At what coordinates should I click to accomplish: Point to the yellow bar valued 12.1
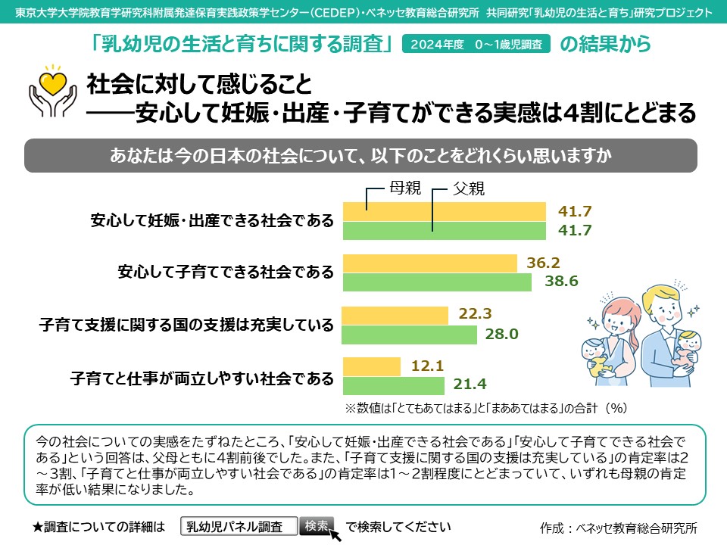click(x=372, y=366)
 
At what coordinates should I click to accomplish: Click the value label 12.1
click(x=426, y=366)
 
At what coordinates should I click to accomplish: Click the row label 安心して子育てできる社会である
click(x=226, y=272)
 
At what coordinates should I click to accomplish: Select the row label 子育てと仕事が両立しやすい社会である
click(x=201, y=376)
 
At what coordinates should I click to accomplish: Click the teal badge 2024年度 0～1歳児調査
click(x=476, y=45)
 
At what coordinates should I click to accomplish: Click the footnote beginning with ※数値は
click(x=485, y=408)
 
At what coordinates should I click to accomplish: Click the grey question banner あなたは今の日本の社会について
click(x=361, y=155)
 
